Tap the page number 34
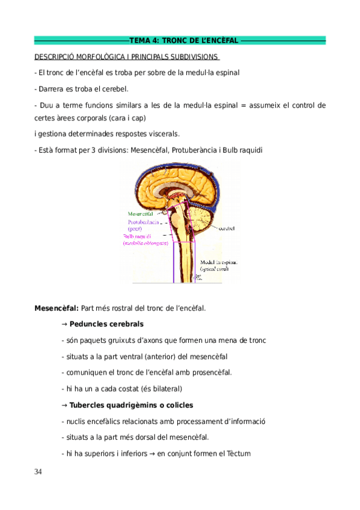(38, 472)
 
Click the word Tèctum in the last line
(239, 453)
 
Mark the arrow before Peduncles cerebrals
(64, 324)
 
